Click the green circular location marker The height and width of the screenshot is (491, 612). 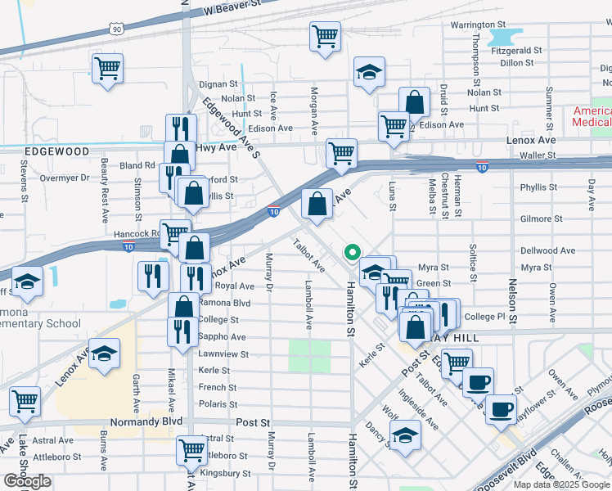pos(353,252)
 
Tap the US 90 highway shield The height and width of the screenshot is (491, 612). pos(116,29)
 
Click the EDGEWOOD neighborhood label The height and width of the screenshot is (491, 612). pos(56,151)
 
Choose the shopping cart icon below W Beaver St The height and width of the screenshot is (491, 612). pos(325,36)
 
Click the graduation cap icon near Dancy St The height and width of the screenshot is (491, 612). pos(405,435)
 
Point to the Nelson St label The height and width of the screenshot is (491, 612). pos(513,300)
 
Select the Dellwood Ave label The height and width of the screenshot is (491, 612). pos(547,250)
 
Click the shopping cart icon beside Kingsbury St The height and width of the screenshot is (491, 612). pos(191,448)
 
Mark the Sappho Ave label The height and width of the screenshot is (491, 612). pos(222,337)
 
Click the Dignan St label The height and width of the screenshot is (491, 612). pos(218,83)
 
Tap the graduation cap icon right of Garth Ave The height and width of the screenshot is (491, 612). pos(104,354)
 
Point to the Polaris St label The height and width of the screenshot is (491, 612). pos(218,404)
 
